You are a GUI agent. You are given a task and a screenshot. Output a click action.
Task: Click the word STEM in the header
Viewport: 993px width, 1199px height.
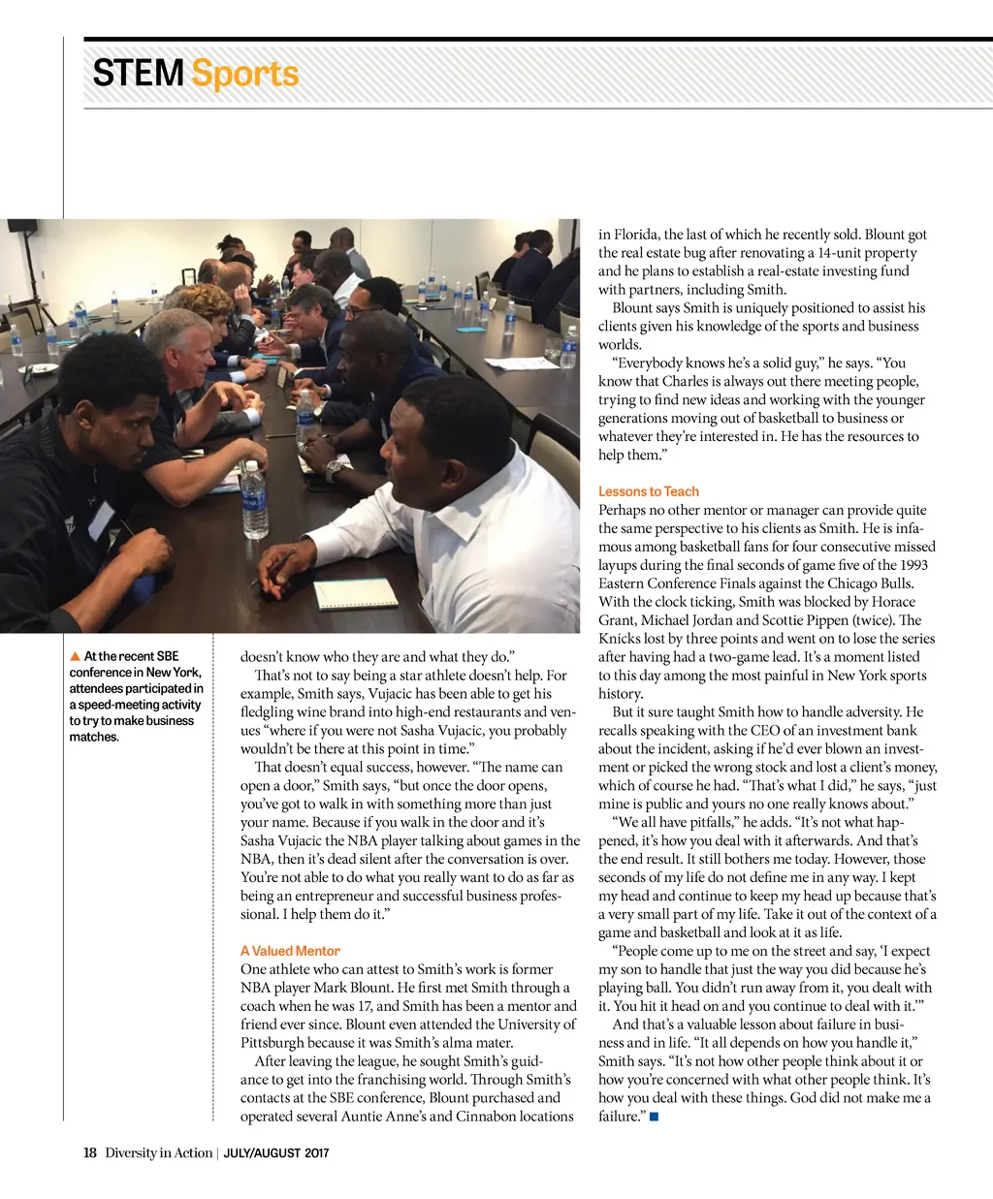tap(138, 74)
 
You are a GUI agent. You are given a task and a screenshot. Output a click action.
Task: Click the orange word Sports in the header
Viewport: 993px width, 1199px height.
tap(245, 74)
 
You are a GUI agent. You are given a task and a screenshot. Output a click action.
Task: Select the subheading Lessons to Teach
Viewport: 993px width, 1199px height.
tap(648, 491)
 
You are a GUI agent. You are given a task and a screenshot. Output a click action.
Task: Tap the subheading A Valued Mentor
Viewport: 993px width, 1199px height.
tap(290, 951)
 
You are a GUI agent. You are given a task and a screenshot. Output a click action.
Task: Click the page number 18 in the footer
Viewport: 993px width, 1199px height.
tap(90, 1152)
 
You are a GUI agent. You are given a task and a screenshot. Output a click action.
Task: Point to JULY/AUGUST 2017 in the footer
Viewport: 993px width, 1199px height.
tap(276, 1153)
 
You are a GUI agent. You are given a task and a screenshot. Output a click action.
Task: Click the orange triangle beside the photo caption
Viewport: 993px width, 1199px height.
tap(75, 657)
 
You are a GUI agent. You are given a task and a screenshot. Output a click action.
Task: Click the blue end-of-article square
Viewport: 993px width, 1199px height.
tap(655, 1117)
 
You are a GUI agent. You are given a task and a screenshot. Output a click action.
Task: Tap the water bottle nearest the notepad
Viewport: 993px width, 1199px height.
tap(254, 499)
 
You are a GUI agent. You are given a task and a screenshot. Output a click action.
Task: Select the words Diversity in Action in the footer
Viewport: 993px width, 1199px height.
tap(158, 1152)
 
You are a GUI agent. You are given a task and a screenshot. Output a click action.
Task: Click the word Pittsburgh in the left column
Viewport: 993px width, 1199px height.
tap(277, 1043)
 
